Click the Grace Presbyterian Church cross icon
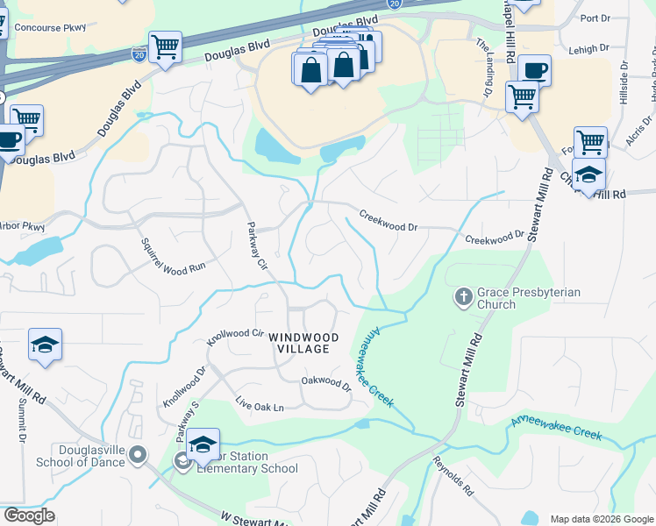tap(464, 297)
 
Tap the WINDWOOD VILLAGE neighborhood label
tap(298, 343)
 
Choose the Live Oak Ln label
tap(260, 408)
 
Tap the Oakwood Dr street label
tap(325, 382)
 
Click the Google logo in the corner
tap(28, 515)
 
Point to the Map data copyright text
tap(602, 519)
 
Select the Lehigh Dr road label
tap(588, 52)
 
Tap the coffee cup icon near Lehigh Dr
tap(533, 70)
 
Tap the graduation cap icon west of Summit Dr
tap(45, 345)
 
